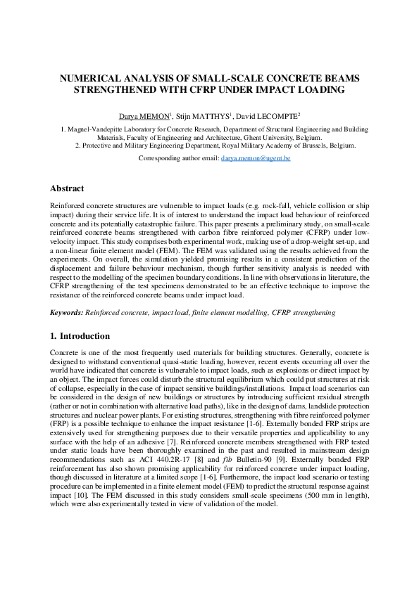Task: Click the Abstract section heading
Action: (67, 188)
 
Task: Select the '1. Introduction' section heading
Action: (80, 336)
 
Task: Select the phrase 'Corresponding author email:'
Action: (179, 160)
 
